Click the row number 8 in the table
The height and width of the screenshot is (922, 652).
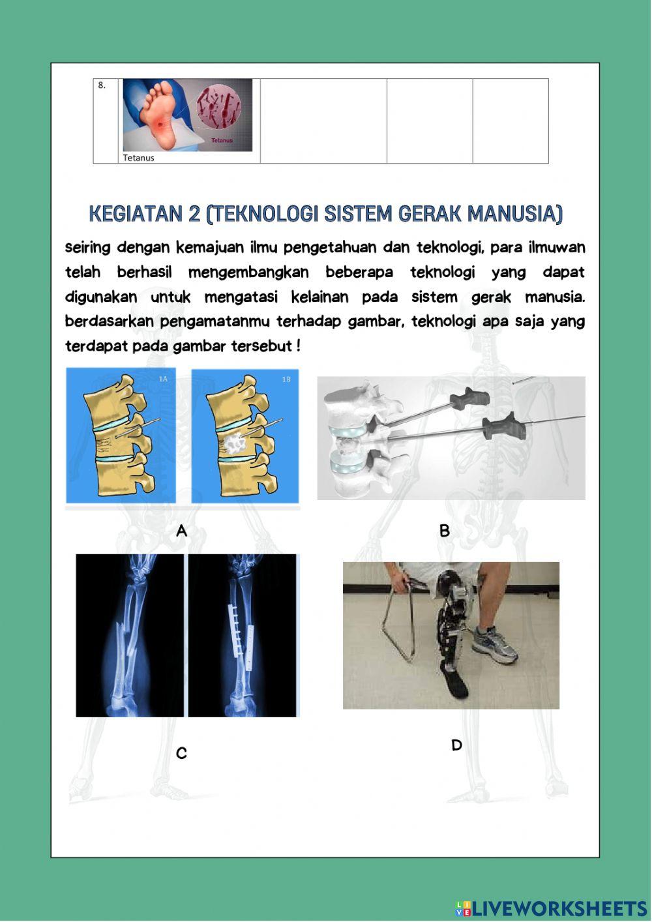pyautogui.click(x=102, y=85)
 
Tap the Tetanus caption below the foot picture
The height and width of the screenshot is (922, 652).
pyautogui.click(x=139, y=158)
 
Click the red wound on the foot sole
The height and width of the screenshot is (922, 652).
pyautogui.click(x=160, y=123)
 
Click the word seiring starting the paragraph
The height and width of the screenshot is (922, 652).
pyautogui.click(x=87, y=248)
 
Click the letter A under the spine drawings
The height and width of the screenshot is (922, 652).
pyautogui.click(x=182, y=531)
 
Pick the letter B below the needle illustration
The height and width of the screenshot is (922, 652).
pyautogui.click(x=445, y=531)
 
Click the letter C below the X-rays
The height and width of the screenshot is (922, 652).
pyautogui.click(x=182, y=754)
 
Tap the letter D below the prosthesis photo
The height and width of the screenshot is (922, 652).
pyautogui.click(x=456, y=745)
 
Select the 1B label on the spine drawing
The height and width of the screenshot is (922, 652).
pyautogui.click(x=286, y=379)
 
